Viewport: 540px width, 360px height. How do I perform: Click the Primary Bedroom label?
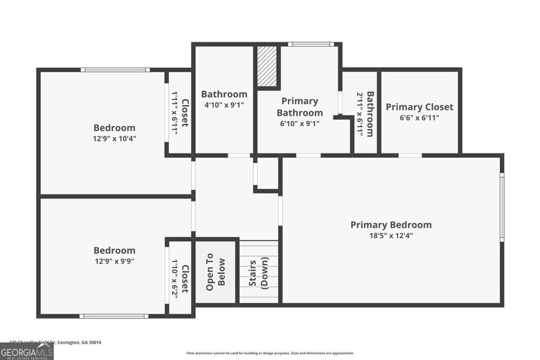click(x=391, y=225)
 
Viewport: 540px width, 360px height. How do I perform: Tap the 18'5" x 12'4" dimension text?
click(x=391, y=236)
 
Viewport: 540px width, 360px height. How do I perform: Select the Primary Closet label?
click(x=419, y=107)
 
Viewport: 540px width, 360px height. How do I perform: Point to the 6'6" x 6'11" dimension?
click(x=419, y=118)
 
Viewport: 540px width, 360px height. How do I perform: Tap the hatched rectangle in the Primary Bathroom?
click(x=267, y=66)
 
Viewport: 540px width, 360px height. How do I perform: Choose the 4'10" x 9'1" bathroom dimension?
click(x=224, y=105)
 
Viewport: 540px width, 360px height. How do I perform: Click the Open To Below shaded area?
click(x=216, y=272)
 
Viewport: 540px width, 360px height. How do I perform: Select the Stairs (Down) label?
click(x=258, y=273)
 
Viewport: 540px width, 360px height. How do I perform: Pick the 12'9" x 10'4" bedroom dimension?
click(x=114, y=139)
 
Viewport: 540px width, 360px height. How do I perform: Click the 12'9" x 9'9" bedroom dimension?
click(x=114, y=261)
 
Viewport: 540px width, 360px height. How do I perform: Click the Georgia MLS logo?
click(x=26, y=352)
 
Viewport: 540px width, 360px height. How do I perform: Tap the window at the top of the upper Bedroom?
click(x=115, y=70)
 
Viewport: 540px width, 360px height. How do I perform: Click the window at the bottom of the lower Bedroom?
click(x=114, y=316)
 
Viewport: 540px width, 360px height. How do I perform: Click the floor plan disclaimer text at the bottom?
click(x=270, y=353)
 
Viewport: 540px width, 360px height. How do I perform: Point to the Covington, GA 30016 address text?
click(x=79, y=342)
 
